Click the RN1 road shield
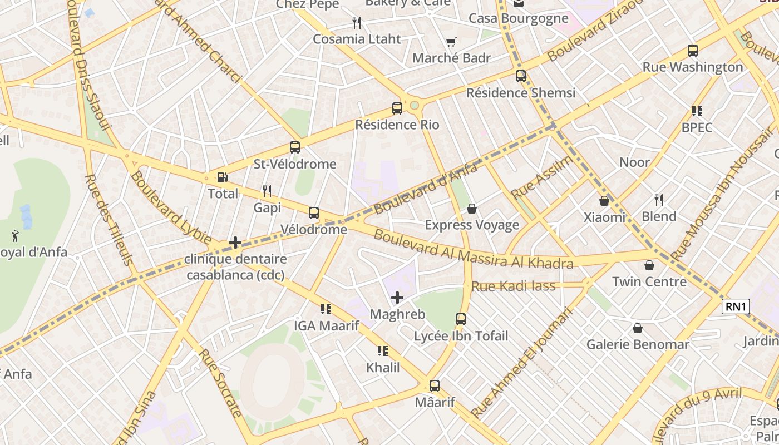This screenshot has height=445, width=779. pyautogui.click(x=736, y=306)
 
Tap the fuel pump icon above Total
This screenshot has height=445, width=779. pyautogui.click(x=222, y=177)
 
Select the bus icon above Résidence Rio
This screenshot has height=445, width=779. pyautogui.click(x=397, y=108)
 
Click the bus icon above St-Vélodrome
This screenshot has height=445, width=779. pyautogui.click(x=295, y=147)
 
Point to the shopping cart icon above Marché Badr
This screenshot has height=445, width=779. pyautogui.click(x=451, y=42)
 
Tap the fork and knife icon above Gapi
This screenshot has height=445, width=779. pyautogui.click(x=267, y=191)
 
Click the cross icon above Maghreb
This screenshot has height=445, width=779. pyautogui.click(x=397, y=298)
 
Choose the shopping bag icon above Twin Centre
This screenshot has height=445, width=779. pyautogui.click(x=649, y=265)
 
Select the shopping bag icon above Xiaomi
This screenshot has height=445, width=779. pyautogui.click(x=604, y=201)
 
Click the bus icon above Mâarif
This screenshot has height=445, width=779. pyautogui.click(x=434, y=385)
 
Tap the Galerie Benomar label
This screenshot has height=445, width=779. pyautogui.click(x=638, y=344)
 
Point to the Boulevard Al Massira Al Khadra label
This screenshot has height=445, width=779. pyautogui.click(x=473, y=249)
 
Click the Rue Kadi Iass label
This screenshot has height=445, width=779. pyautogui.click(x=513, y=286)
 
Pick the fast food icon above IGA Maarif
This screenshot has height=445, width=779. pyautogui.click(x=326, y=309)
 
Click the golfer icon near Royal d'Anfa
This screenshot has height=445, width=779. pyautogui.click(x=16, y=236)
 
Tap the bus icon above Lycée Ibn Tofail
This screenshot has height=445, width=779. pyautogui.click(x=461, y=319)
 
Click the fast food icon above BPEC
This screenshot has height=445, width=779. pyautogui.click(x=697, y=111)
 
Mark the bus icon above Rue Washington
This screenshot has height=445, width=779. pyautogui.click(x=693, y=51)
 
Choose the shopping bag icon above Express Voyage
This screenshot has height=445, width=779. pyautogui.click(x=472, y=209)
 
